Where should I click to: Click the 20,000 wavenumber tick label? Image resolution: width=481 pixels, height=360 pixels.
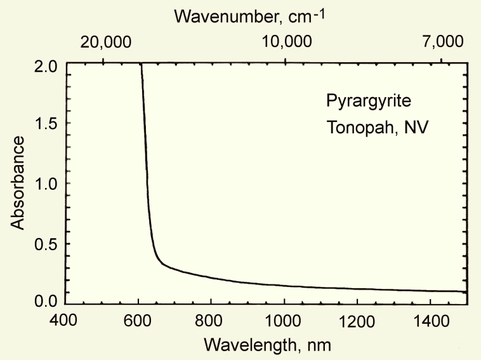pyautogui.click(x=105, y=43)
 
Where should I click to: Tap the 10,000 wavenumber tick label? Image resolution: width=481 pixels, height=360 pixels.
pyautogui.click(x=286, y=43)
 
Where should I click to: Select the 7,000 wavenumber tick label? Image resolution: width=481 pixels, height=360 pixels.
pyautogui.click(x=443, y=43)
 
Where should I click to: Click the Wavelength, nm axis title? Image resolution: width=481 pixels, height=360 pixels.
pyautogui.click(x=267, y=345)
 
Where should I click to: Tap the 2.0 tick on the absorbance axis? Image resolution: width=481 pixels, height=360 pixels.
pyautogui.click(x=47, y=66)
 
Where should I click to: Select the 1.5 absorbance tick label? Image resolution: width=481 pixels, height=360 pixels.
pyautogui.click(x=47, y=124)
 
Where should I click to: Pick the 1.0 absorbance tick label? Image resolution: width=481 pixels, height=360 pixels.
pyautogui.click(x=47, y=183)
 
